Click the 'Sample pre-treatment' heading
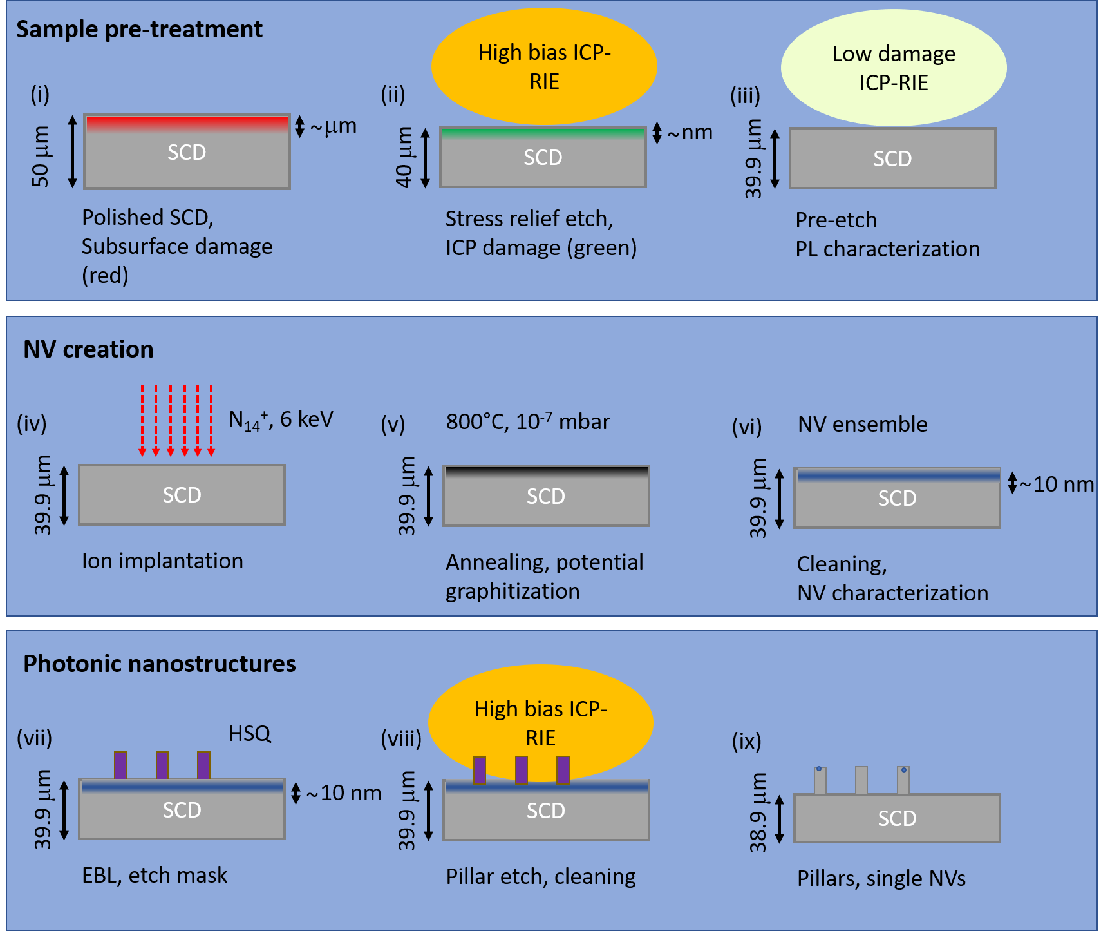coord(139,30)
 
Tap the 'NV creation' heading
coord(88,349)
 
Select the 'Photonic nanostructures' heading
coord(159,664)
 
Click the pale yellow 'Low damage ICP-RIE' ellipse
coord(893,68)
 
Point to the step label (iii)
coord(745,96)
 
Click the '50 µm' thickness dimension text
coord(40,157)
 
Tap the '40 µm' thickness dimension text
coord(404,157)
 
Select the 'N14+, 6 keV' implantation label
coord(281,420)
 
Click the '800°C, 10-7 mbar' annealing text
coord(527,421)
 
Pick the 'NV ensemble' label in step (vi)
coord(862,424)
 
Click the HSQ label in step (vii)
coord(250,733)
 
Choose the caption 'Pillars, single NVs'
coord(881,878)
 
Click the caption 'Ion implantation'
coord(162,561)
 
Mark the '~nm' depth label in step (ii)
coord(690,133)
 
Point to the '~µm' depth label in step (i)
coord(333,126)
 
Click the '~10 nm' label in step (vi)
coord(1057,484)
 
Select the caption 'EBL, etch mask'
coord(155,875)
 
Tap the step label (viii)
coord(400,738)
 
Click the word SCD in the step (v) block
coord(545,496)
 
